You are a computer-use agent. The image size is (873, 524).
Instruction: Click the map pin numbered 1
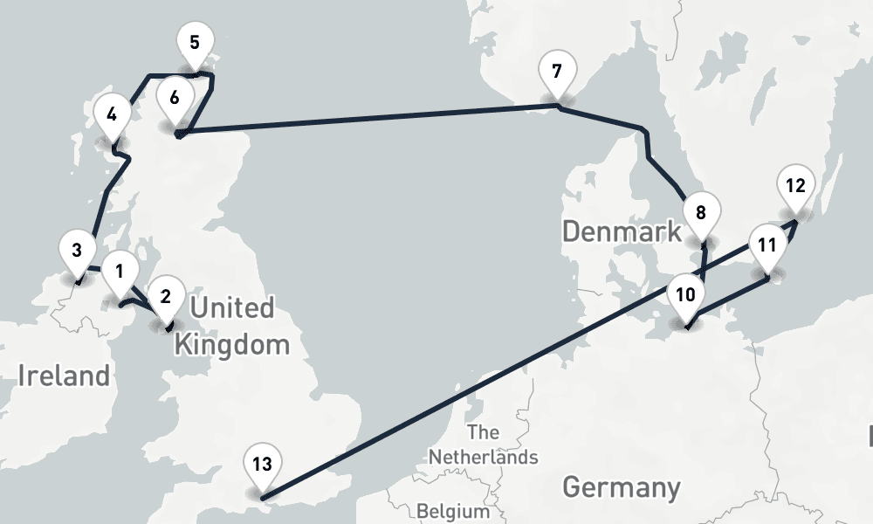(x=120, y=272)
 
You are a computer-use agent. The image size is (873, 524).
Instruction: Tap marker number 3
(x=77, y=251)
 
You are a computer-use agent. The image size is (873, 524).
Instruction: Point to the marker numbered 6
(x=175, y=97)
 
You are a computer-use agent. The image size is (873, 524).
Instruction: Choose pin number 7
(x=557, y=71)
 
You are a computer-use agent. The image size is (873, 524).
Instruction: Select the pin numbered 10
(x=685, y=294)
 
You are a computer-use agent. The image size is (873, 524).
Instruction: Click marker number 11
(x=766, y=245)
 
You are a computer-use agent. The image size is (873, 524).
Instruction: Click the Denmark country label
(x=621, y=232)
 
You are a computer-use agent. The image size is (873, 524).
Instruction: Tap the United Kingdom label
(x=232, y=326)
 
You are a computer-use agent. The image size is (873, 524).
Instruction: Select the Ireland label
(x=64, y=376)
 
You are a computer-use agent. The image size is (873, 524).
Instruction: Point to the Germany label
(x=621, y=486)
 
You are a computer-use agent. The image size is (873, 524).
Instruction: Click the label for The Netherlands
(x=483, y=445)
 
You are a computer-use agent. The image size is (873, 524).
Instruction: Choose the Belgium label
(x=453, y=510)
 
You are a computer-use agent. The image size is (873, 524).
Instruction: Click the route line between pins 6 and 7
(x=367, y=120)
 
